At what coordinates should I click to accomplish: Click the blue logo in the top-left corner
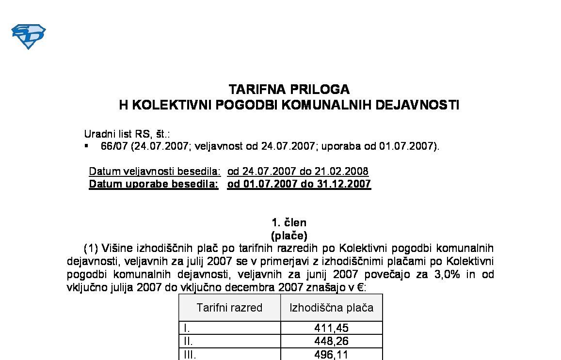[28, 36]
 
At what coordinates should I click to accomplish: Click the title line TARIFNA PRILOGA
[289, 90]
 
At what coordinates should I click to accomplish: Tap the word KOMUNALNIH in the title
[329, 105]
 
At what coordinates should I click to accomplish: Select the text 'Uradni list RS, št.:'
[127, 134]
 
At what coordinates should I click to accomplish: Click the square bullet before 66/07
[86, 145]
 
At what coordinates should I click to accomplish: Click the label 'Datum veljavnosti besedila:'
[155, 172]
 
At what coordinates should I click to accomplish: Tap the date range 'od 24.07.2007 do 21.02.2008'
[298, 172]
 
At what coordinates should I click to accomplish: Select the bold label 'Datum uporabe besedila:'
[154, 184]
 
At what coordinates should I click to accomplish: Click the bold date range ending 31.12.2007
[299, 184]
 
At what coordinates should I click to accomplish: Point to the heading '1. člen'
[289, 223]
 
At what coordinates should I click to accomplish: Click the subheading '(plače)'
[289, 236]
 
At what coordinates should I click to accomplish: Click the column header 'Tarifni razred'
[229, 308]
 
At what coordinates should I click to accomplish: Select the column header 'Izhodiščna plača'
[332, 308]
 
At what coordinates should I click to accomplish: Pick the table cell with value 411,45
[332, 328]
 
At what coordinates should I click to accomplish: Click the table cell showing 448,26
[332, 341]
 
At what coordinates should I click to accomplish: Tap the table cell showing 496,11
[332, 355]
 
